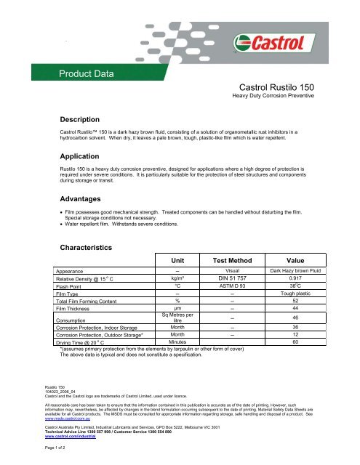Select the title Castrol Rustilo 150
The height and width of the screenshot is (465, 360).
[285, 86]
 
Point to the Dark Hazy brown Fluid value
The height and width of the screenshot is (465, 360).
[295, 270]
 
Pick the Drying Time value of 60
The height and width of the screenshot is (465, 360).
[295, 341]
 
